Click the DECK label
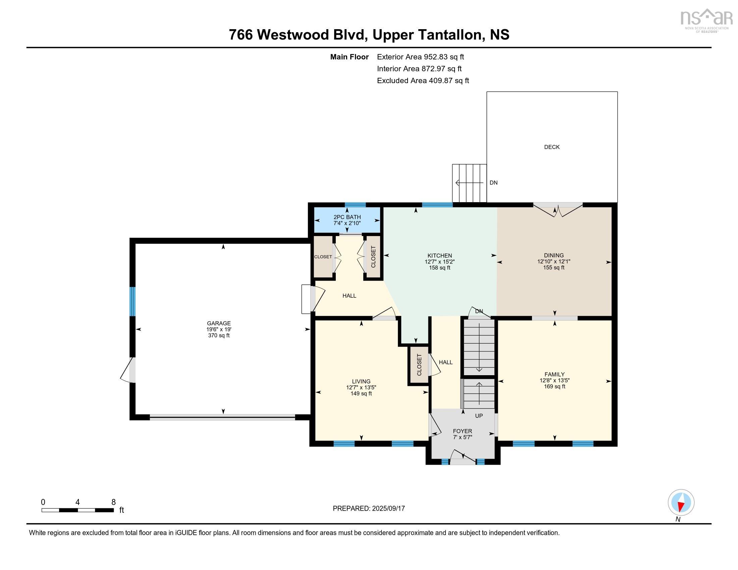(551, 147)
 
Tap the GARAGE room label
(219, 323)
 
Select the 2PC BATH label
(347, 217)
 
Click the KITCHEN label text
(439, 255)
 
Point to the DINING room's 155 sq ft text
(553, 268)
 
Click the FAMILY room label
(554, 374)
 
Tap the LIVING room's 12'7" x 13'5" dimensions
(361, 388)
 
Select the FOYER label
(462, 431)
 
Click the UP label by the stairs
(479, 416)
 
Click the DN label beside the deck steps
(493, 183)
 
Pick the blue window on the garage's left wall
(133, 301)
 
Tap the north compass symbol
(681, 503)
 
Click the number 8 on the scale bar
(113, 502)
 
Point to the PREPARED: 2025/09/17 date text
(369, 509)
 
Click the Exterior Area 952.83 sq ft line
(420, 57)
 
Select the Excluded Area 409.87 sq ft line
(423, 81)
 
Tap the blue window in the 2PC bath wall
(355, 205)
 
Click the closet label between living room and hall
(419, 365)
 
